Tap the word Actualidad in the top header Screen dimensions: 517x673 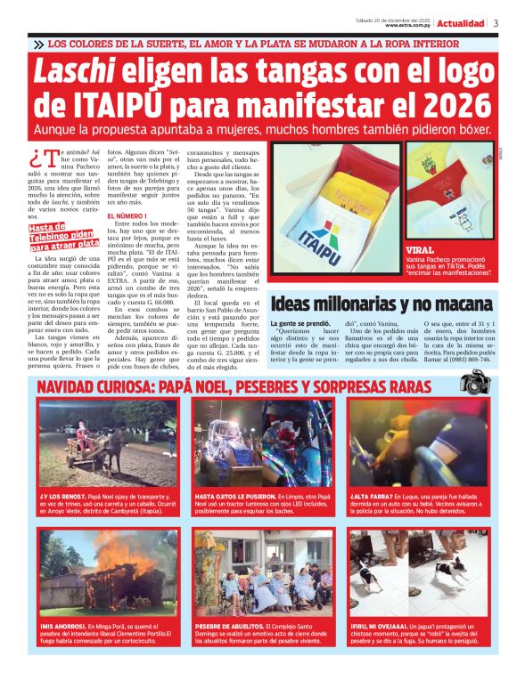tap(461, 23)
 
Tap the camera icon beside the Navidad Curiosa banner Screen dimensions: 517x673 tap(474, 383)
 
